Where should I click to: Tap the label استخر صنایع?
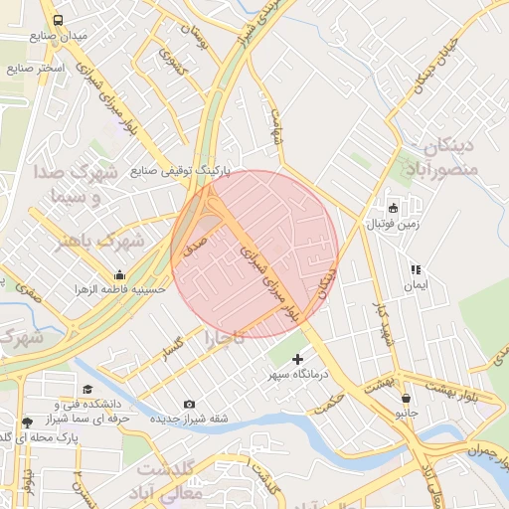[36, 69]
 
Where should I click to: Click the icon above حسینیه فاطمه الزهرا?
[120, 274]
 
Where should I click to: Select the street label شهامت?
[277, 127]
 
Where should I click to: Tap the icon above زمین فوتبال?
[394, 209]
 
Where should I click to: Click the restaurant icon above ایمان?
[416, 269]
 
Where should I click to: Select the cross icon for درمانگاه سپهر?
[298, 358]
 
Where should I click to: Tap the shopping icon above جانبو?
[406, 398]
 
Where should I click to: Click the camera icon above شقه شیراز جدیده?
[190, 404]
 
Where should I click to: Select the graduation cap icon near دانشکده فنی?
[87, 390]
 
